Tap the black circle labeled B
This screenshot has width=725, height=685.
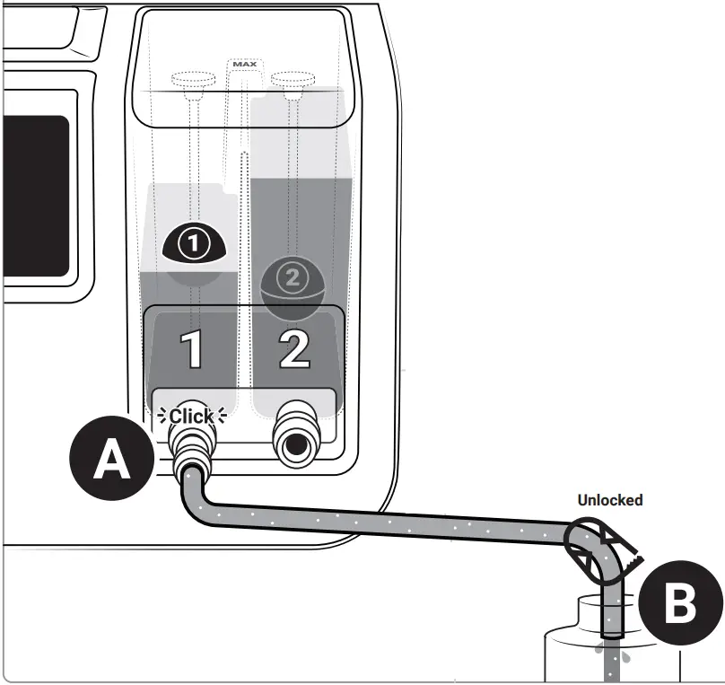coord(678,604)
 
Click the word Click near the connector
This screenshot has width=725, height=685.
coord(191,417)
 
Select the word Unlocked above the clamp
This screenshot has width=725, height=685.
coord(609,500)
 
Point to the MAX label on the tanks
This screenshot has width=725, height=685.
coord(244,65)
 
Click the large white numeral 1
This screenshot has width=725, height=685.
coord(193,349)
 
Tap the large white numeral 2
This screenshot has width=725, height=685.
coord(293,349)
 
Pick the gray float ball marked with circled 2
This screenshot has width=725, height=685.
coord(291,284)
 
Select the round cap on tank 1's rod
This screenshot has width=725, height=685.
coord(192,79)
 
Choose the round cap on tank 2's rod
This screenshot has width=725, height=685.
coord(291,79)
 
